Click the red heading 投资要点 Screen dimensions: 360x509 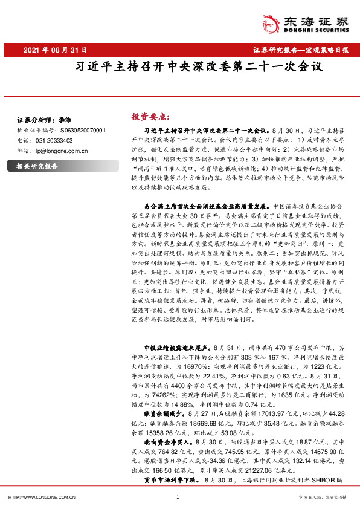pyautogui.click(x=150, y=116)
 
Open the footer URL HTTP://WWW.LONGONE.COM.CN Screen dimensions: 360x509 pyautogui.click(x=40, y=498)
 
